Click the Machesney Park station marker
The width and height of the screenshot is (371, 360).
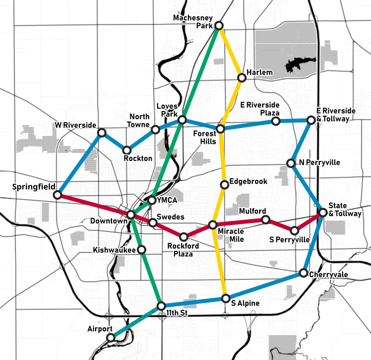coord(218,25)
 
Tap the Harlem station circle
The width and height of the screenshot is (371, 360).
coord(242,78)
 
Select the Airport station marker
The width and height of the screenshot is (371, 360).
coord(110,337)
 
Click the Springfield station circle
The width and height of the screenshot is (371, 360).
coord(58,195)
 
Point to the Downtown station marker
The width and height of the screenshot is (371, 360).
coord(131,215)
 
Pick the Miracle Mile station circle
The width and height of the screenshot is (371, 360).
coord(213,225)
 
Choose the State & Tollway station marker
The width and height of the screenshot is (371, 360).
coord(322,213)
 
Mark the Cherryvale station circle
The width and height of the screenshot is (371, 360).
coord(303,273)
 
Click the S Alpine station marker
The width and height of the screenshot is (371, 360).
coord(226,299)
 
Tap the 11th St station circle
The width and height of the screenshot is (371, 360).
coord(160,305)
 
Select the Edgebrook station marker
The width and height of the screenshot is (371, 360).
coord(224,185)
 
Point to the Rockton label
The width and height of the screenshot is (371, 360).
coord(138,158)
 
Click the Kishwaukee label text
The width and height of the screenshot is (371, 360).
coord(114,250)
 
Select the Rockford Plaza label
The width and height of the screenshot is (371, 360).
coord(183,249)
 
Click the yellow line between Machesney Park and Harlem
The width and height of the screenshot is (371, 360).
coord(230,51)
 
